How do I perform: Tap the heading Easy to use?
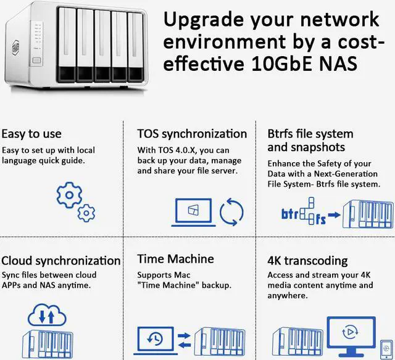pos(31,134)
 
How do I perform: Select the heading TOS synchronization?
pos(192,134)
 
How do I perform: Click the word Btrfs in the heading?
pos(284,134)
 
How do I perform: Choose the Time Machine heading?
pos(175,260)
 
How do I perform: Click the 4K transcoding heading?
pos(307,260)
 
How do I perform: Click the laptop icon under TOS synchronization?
pos(193,211)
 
